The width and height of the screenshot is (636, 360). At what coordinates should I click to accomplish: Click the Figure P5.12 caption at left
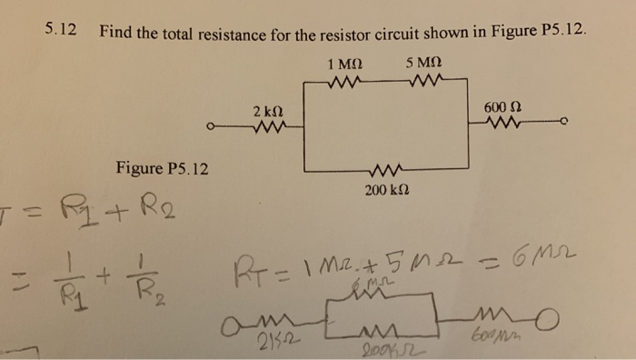point(163,169)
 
